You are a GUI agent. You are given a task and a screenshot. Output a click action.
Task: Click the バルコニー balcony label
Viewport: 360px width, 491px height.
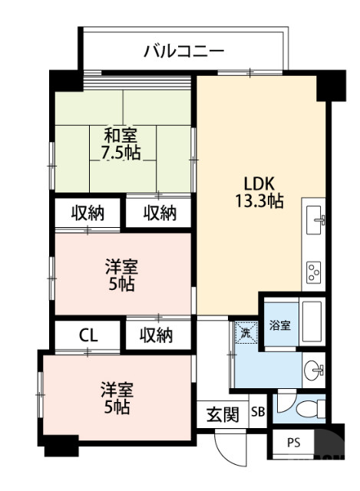click(184, 52)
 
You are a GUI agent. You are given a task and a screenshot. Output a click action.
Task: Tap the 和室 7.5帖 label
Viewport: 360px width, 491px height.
click(121, 143)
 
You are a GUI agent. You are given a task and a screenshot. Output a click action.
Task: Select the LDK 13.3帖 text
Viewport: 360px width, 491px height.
click(259, 193)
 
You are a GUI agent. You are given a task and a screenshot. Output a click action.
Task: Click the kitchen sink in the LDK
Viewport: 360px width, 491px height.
click(314, 222)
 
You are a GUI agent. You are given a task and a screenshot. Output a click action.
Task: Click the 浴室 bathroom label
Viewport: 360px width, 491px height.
click(279, 325)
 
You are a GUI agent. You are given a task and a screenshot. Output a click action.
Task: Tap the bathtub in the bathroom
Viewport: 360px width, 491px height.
click(312, 322)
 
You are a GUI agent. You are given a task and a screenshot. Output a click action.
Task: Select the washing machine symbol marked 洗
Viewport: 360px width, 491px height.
click(245, 333)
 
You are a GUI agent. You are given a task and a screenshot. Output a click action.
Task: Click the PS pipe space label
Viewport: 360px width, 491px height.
click(294, 443)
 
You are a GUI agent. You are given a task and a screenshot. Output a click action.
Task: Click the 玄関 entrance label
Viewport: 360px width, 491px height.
click(223, 415)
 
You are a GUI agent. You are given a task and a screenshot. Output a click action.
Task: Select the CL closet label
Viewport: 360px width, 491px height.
click(88, 335)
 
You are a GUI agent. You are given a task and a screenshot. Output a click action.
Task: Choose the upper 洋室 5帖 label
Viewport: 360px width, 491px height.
click(121, 276)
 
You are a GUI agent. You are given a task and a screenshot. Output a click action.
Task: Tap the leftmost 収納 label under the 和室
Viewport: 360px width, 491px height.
click(88, 213)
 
